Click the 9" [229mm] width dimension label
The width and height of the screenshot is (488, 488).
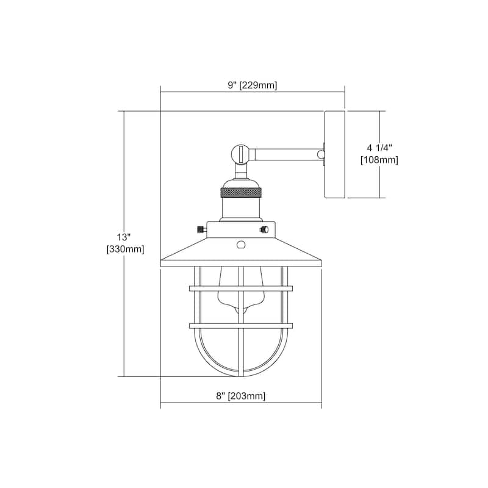point(252,85)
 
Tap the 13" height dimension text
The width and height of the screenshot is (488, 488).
point(123,237)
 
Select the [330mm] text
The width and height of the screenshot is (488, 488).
point(126,249)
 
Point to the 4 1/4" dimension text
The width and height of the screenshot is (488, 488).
point(379,148)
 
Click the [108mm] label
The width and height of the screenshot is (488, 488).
point(379,160)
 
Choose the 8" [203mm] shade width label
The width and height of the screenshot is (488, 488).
point(241,396)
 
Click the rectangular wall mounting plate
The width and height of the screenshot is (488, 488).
point(334,154)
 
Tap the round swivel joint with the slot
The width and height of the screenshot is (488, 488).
point(241,154)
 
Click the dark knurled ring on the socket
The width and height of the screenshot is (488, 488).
point(241,193)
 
